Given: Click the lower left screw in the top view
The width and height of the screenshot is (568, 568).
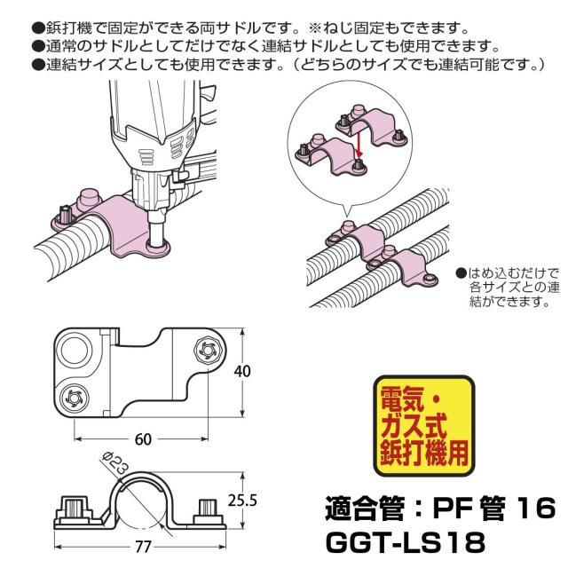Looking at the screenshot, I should tap(75, 395).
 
